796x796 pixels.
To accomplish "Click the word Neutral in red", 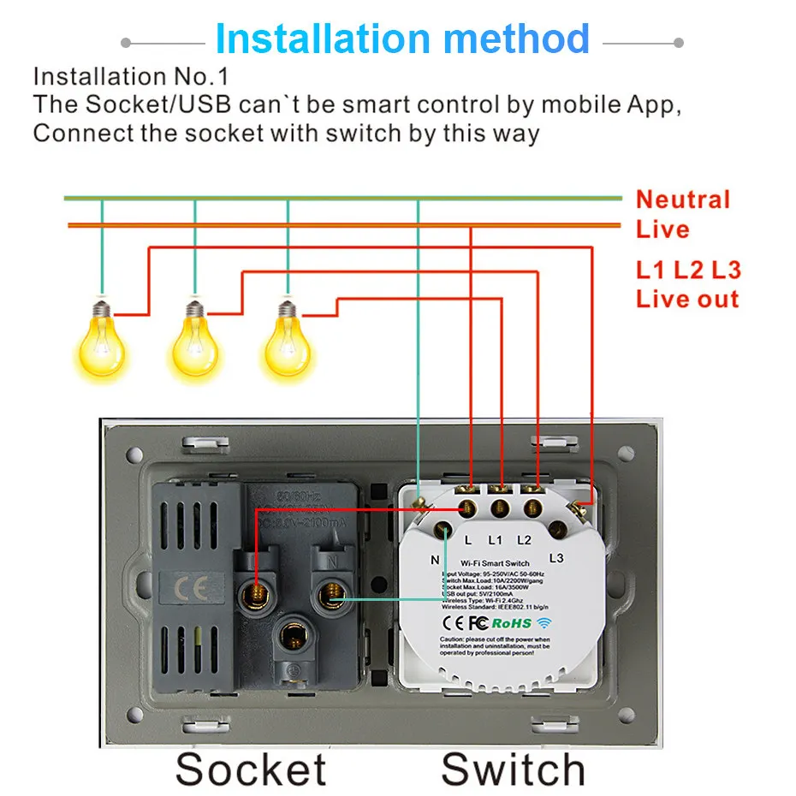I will pyautogui.click(x=682, y=200).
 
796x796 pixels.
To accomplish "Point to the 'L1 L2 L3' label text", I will pyautogui.click(x=687, y=270).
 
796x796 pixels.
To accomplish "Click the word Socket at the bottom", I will pyautogui.click(x=251, y=768).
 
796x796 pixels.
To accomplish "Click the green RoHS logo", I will pyautogui.click(x=511, y=623).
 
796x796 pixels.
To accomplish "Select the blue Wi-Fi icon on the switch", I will pyautogui.click(x=545, y=623).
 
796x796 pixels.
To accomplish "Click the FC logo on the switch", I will pyautogui.click(x=478, y=623).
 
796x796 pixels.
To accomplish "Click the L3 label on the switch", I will pyautogui.click(x=556, y=558).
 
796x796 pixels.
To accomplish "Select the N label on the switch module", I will pyautogui.click(x=435, y=560).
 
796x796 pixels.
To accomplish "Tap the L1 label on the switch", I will pyautogui.click(x=495, y=541).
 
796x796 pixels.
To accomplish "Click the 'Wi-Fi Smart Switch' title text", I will pyautogui.click(x=494, y=562).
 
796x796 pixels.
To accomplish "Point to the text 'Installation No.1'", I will pyautogui.click(x=130, y=76).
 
